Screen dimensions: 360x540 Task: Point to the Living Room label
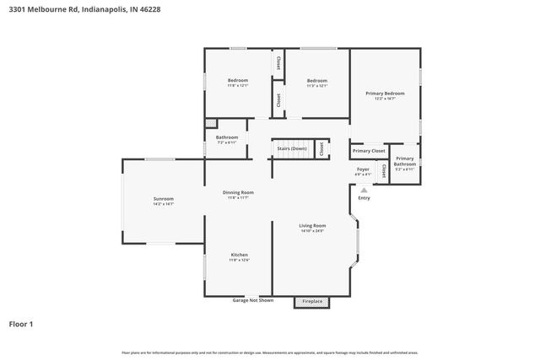pos(312,225)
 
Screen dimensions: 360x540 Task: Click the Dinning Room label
pos(238,192)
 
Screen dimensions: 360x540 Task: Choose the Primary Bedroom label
pos(385,93)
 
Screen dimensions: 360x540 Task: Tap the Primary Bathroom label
pos(405,160)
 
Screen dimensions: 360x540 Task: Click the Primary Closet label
pos(369,150)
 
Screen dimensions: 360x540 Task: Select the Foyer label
pos(363,169)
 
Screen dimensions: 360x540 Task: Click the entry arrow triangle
pos(364,191)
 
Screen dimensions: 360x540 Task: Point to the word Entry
pos(364,198)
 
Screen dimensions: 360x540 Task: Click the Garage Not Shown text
pos(253,300)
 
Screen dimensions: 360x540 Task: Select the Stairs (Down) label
pos(292,149)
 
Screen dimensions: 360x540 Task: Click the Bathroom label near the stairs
pos(227,137)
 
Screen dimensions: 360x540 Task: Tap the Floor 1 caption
pos(21,324)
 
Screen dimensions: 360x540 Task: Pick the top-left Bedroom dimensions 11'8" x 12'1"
pos(237,85)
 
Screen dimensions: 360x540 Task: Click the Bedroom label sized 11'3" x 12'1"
pos(316,80)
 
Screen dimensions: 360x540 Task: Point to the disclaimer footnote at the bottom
pos(269,352)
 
